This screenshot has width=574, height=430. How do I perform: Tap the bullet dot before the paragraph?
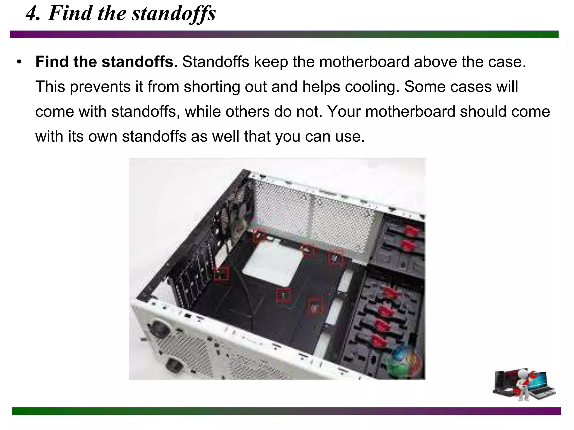point(19,62)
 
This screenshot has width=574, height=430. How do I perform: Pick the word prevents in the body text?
point(100,87)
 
